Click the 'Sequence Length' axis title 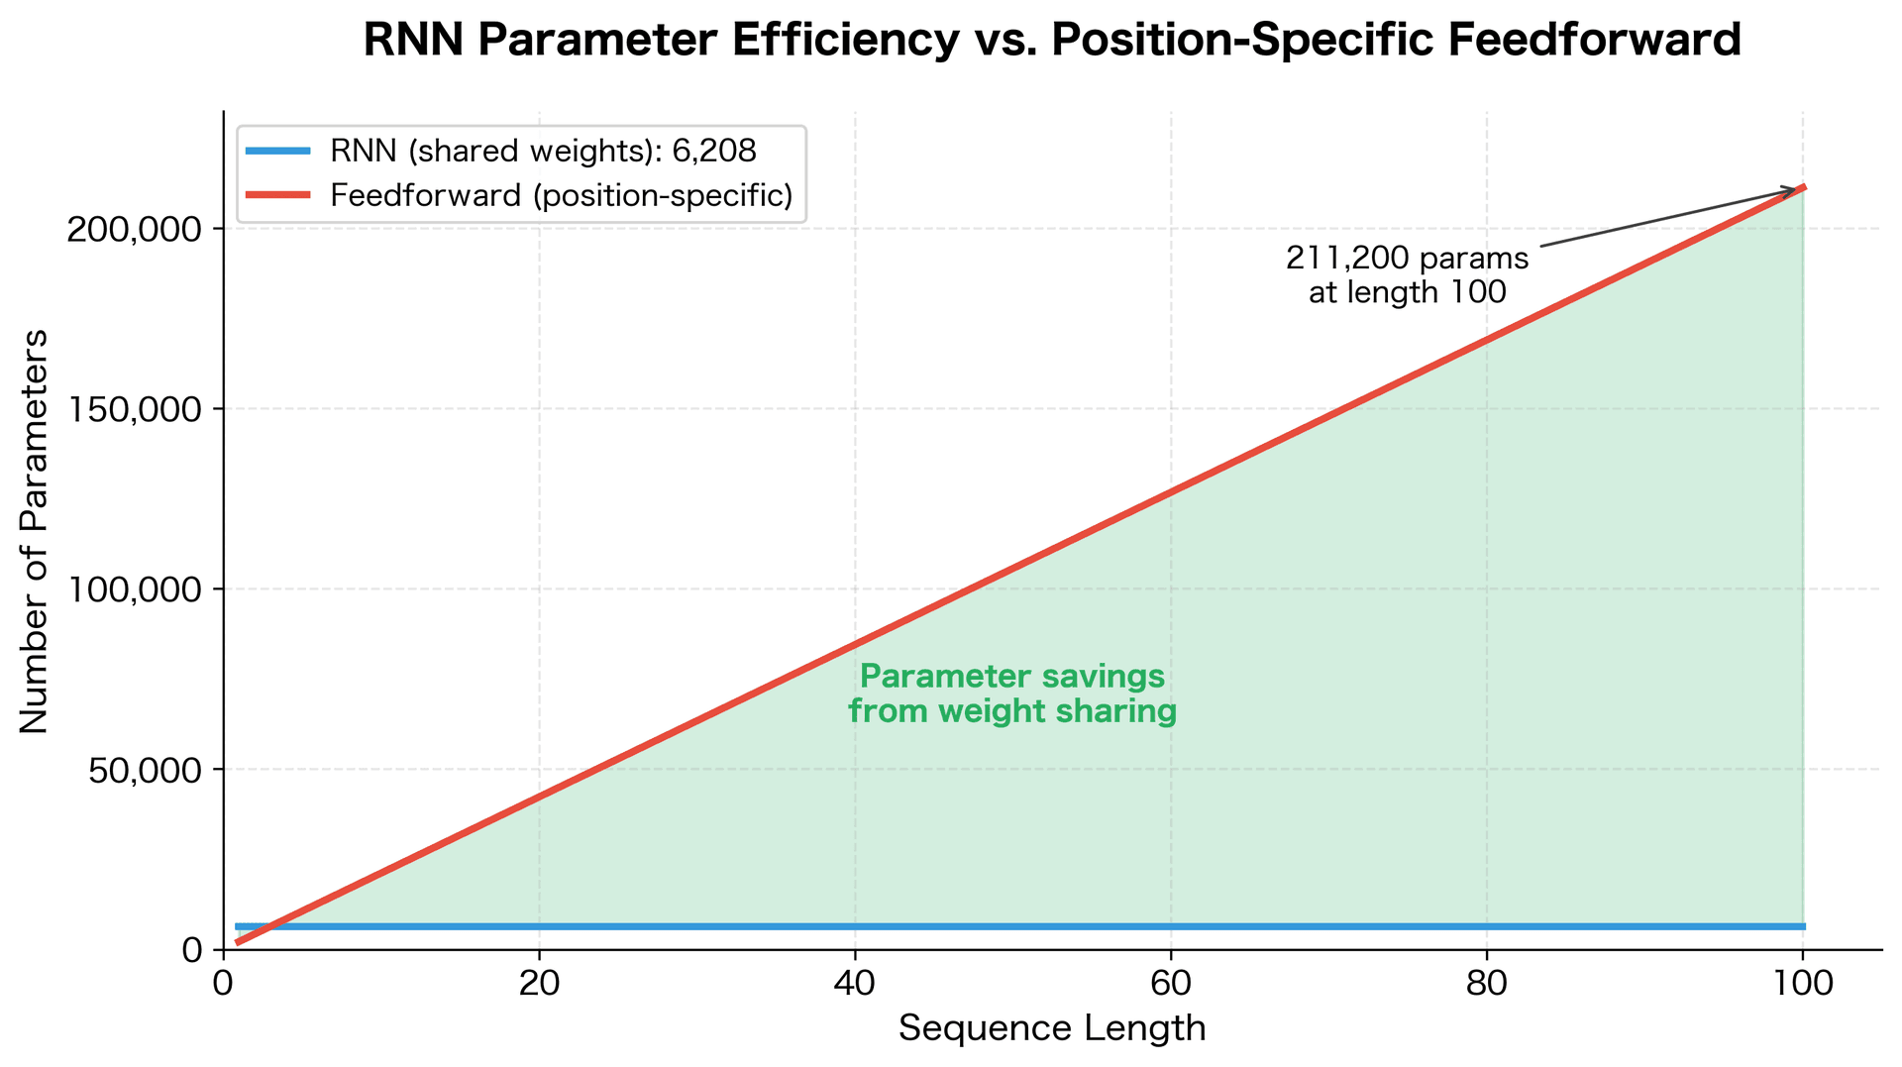pos(1052,1029)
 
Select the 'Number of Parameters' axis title pos(36,531)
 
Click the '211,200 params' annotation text pos(1407,260)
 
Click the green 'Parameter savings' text pos(1011,678)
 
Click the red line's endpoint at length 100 pos(1804,186)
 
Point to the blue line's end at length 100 pos(1804,926)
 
